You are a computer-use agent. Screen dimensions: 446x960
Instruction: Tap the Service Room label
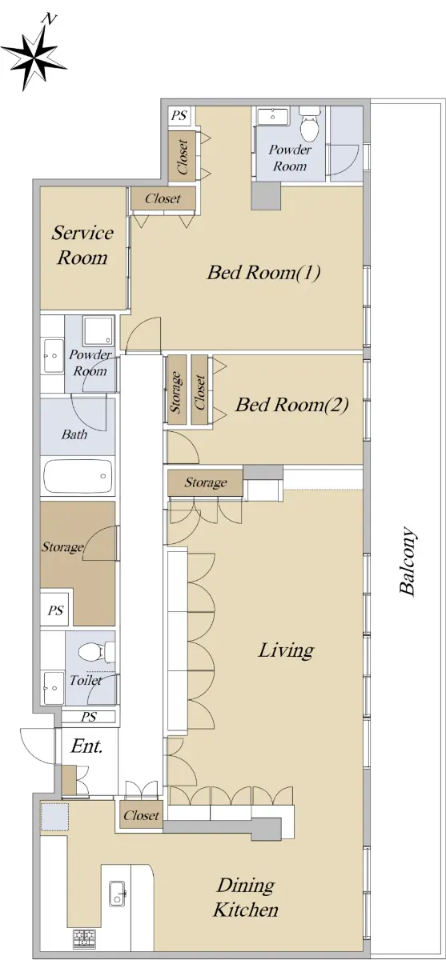[82, 245]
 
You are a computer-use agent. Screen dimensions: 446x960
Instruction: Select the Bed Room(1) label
[263, 272]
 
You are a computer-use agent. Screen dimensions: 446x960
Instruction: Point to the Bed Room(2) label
[291, 404]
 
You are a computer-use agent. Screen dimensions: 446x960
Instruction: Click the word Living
[286, 650]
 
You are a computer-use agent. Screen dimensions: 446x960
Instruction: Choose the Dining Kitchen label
[245, 898]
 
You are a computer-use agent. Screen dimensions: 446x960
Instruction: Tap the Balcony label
[408, 561]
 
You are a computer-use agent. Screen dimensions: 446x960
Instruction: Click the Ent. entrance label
[86, 746]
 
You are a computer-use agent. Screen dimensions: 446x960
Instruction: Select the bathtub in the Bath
[78, 476]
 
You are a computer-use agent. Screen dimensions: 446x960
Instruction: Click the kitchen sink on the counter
[117, 893]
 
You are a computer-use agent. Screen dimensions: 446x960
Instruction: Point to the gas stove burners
[84, 940]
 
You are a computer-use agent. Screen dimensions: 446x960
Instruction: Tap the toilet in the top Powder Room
[310, 124]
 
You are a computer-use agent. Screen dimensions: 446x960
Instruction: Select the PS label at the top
[179, 115]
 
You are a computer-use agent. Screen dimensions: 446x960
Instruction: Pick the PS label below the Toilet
[89, 717]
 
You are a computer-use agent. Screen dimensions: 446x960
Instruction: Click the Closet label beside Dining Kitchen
[141, 815]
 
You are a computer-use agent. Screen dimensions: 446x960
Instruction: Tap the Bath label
[74, 434]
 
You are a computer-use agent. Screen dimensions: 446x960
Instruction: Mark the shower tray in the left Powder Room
[98, 331]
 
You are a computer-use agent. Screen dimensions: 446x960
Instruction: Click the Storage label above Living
[206, 482]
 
